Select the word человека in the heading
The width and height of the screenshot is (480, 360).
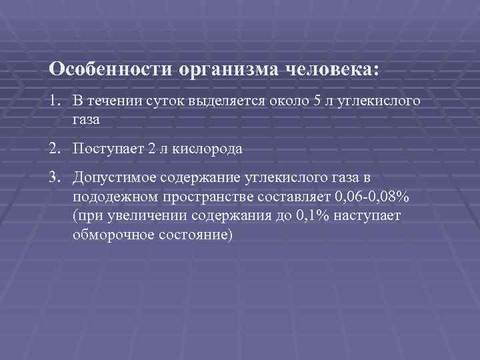[x=331, y=69]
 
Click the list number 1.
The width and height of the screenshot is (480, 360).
[x=54, y=101]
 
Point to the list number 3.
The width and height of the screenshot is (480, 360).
[x=54, y=179]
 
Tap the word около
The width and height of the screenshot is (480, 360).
[x=290, y=101]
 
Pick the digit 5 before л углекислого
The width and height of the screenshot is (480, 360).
[x=317, y=101]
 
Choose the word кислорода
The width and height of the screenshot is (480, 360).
[x=209, y=149]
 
